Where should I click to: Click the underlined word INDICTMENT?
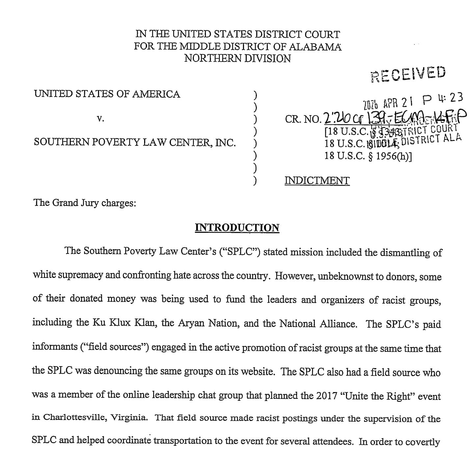pyautogui.click(x=317, y=180)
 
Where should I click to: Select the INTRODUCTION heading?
pyautogui.click(x=237, y=228)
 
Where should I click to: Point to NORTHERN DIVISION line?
pyautogui.click(x=237, y=59)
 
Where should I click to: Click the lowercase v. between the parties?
pyautogui.click(x=101, y=119)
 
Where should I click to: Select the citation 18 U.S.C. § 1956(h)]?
pyautogui.click(x=368, y=155)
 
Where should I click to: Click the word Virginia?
pyautogui.click(x=129, y=418)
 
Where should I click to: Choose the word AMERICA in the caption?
pyautogui.click(x=156, y=94)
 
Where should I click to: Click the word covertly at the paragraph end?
pyautogui.click(x=422, y=442)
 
